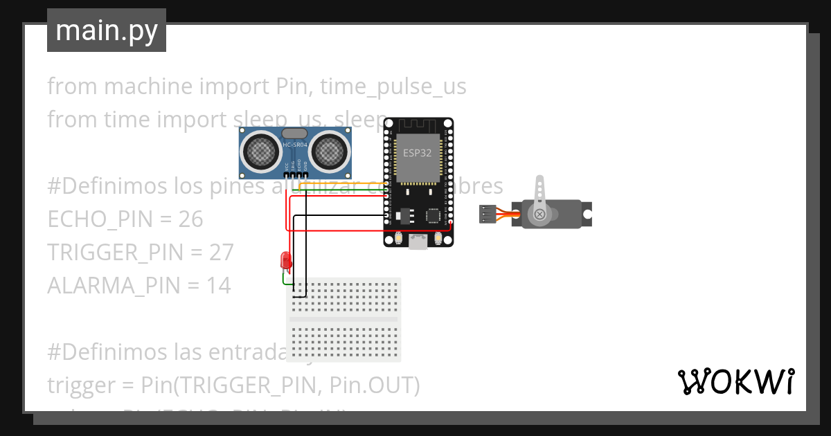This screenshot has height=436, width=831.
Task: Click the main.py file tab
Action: pyautogui.click(x=106, y=30)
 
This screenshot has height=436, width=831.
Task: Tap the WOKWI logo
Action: pyautogui.click(x=735, y=382)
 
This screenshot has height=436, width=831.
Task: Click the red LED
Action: pyautogui.click(x=285, y=261)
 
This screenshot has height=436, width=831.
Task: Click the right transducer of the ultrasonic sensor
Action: pyautogui.click(x=330, y=149)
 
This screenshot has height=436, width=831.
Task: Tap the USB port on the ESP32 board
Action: pyautogui.click(x=419, y=242)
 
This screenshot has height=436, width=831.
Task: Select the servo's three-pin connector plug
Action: pyautogui.click(x=488, y=215)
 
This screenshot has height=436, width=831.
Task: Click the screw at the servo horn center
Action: pyautogui.click(x=539, y=215)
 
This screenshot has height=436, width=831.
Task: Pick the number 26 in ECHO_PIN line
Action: pyautogui.click(x=190, y=219)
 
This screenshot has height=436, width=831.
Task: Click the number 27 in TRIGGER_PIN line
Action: pyautogui.click(x=222, y=253)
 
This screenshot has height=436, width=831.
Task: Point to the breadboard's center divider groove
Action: pyautogui.click(x=344, y=320)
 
